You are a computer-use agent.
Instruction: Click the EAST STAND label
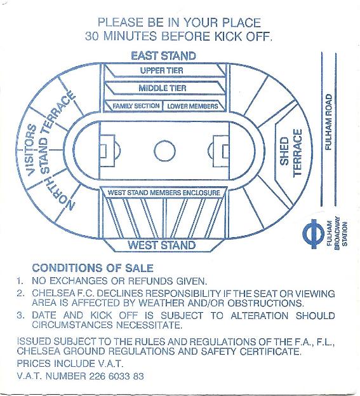click(x=163, y=56)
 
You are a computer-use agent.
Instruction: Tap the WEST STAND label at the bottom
click(x=162, y=245)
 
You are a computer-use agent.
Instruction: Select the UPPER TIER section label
click(x=162, y=71)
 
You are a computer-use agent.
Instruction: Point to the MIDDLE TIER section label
click(x=163, y=88)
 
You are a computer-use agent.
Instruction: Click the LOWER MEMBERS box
click(x=192, y=106)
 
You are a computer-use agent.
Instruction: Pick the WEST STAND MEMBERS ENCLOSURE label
click(x=164, y=193)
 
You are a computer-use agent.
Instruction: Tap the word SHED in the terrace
click(x=284, y=151)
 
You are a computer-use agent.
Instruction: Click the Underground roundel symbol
click(x=313, y=233)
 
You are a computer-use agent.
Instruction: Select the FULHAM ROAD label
click(x=328, y=122)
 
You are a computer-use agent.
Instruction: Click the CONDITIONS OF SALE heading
click(x=93, y=268)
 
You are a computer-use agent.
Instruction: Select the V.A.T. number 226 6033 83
click(x=116, y=376)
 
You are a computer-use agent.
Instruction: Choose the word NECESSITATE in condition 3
click(x=149, y=325)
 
